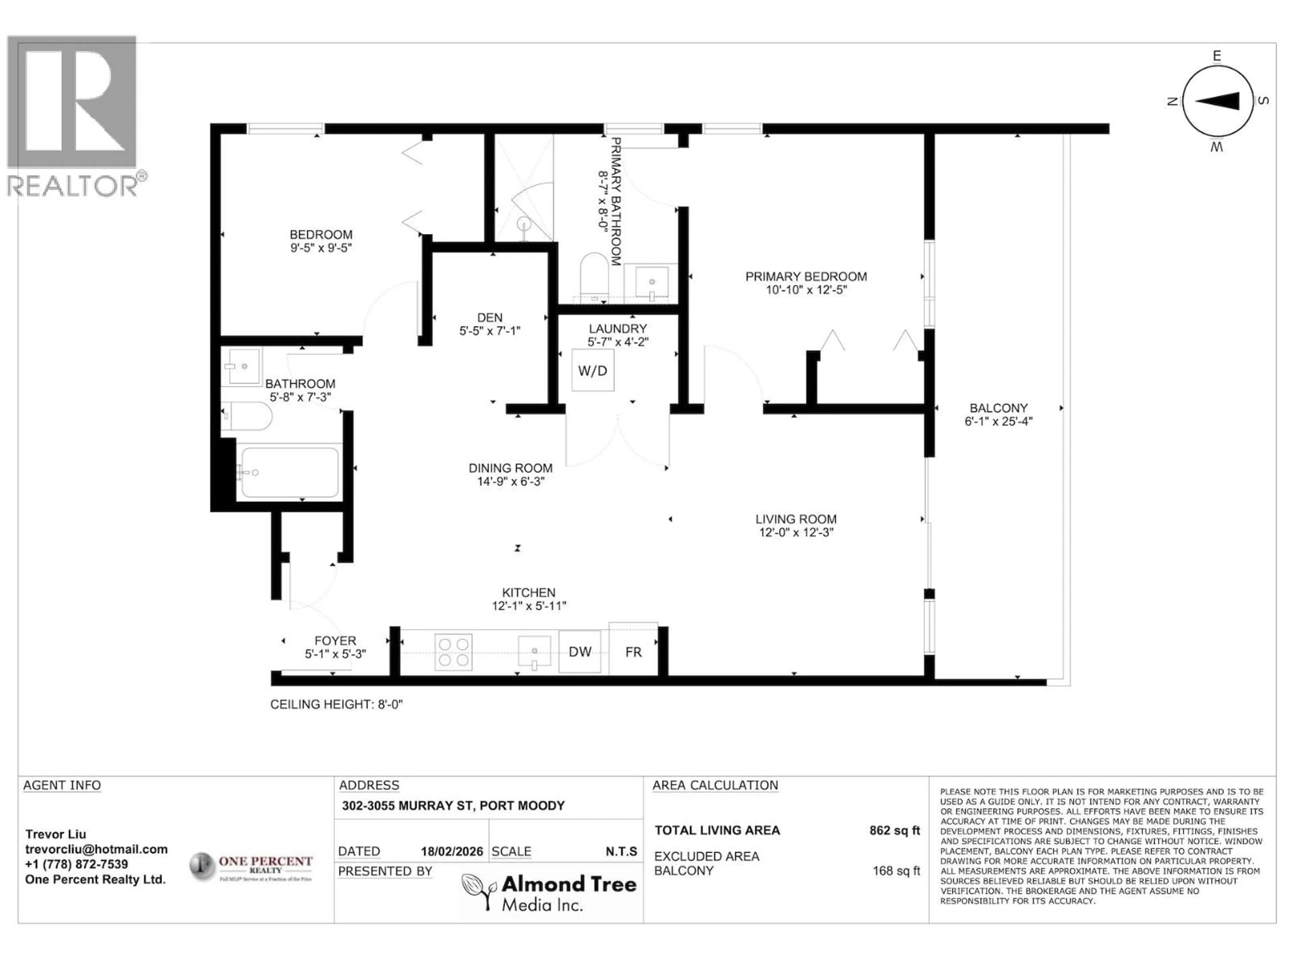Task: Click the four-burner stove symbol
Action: (453, 652)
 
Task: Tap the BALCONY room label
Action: (998, 408)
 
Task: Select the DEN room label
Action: (490, 318)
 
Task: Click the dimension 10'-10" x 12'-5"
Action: (806, 290)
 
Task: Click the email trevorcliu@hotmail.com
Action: (96, 849)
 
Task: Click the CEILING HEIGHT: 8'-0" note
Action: (336, 705)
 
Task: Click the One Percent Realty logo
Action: (251, 867)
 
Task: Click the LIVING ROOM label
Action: (795, 519)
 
